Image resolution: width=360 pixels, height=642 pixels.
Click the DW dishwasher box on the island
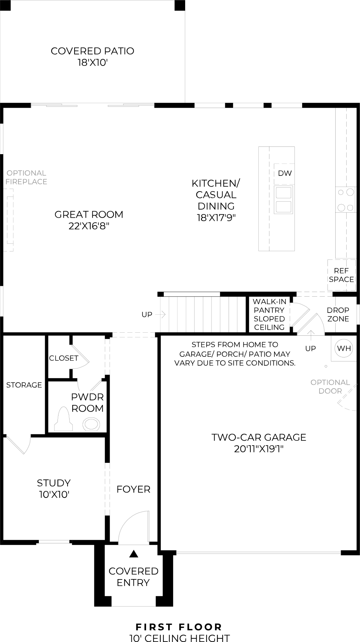[284, 173]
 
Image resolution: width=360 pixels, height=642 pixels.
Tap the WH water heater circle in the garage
[344, 348]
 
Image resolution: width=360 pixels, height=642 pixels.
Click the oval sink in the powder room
[91, 424]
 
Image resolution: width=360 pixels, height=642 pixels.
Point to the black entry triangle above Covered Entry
[134, 554]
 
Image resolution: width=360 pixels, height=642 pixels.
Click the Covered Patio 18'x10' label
[93, 57]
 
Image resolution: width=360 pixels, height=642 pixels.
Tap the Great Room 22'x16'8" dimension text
[89, 226]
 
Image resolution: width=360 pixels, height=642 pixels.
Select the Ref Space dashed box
[341, 275]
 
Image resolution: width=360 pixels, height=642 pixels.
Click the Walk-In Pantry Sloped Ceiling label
[269, 314]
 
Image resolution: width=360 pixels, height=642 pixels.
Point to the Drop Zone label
[338, 314]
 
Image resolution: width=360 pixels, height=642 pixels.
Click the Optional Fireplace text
[26, 177]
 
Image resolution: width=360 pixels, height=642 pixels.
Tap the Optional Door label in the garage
[330, 387]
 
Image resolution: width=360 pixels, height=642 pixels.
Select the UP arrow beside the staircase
[163, 314]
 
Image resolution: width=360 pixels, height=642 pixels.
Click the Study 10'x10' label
[54, 489]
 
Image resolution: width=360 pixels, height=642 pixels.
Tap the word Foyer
[133, 489]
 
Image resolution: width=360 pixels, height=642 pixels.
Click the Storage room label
[24, 385]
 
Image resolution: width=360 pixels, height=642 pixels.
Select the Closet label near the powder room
[64, 358]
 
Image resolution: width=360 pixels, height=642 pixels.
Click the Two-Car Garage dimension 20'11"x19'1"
[259, 449]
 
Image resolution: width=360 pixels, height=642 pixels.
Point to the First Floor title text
[179, 627]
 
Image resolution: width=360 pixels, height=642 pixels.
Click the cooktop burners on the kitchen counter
[346, 200]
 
